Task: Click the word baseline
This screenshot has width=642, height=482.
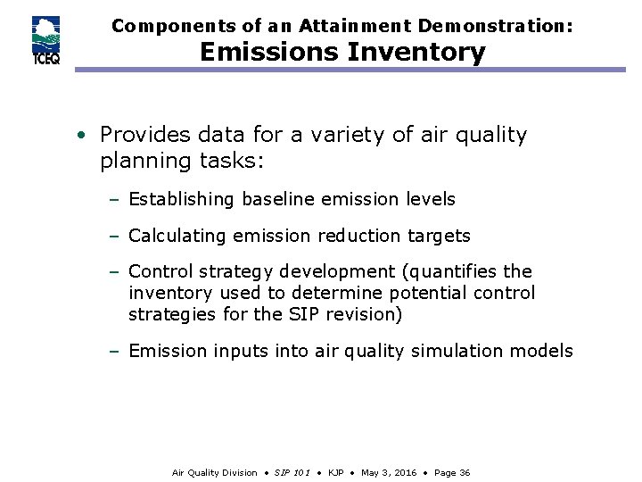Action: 284,199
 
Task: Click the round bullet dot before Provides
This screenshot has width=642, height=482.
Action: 81,136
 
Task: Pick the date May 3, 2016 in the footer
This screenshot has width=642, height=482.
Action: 388,472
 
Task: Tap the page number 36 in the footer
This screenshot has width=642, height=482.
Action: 464,472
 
